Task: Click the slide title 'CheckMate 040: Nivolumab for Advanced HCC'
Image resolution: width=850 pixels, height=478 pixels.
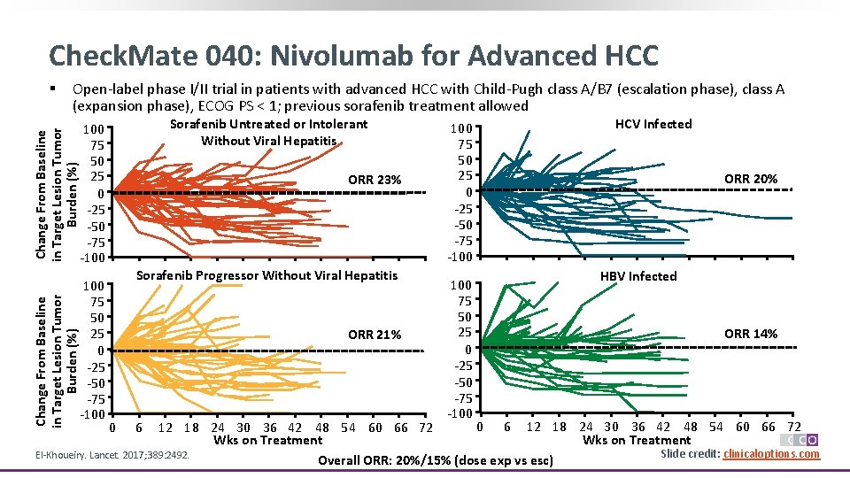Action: (354, 56)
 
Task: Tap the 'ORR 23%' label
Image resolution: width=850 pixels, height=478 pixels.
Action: (375, 181)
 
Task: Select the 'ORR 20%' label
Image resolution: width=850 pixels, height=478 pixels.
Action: (751, 179)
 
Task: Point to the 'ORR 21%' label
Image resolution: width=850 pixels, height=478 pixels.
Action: (375, 335)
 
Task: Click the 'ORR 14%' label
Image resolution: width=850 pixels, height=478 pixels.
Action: (751, 334)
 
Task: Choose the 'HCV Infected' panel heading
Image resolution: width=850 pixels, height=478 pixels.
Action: (653, 124)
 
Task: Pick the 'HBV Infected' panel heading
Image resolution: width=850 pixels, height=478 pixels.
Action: (638, 276)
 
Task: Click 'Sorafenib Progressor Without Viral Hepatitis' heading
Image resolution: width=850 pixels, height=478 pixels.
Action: (267, 275)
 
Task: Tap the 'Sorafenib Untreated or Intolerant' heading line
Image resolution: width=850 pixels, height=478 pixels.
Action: (268, 125)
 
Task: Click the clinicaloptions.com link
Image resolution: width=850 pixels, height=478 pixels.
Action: (771, 454)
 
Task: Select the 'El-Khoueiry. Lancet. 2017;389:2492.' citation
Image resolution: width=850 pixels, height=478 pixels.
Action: (111, 455)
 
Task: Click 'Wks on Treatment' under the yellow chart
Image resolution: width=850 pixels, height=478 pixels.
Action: (267, 440)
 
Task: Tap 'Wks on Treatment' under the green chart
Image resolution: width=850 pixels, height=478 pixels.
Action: (637, 440)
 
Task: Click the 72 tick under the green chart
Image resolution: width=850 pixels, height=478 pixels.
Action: (793, 428)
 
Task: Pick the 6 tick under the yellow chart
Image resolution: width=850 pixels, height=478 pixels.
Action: (138, 428)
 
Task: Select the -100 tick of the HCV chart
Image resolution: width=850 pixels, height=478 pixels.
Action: (460, 258)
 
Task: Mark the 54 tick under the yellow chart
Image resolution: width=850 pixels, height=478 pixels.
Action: (348, 428)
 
